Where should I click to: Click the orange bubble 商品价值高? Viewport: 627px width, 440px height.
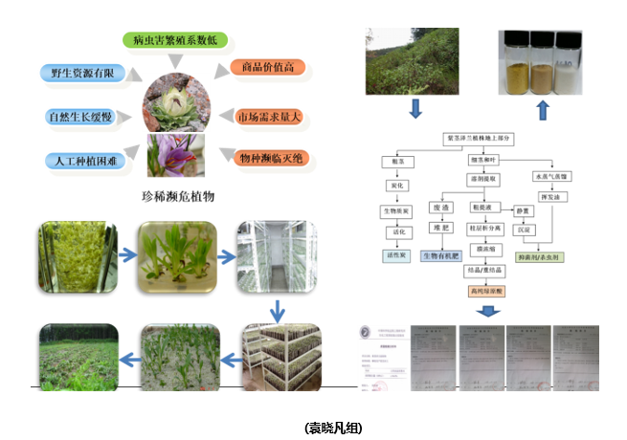[x=267, y=68]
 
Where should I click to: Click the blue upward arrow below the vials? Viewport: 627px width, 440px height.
[x=542, y=109]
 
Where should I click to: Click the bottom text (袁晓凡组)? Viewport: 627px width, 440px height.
[x=333, y=427]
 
